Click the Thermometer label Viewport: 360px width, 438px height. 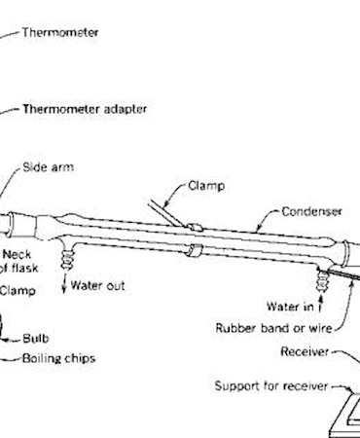(60, 33)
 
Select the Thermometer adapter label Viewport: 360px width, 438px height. (85, 109)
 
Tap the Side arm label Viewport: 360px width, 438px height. (48, 167)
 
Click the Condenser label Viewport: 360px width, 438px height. (311, 211)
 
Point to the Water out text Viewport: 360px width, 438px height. (97, 285)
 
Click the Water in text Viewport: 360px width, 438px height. (290, 307)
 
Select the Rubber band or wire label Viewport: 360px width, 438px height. (273, 328)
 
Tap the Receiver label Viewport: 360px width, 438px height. (305, 351)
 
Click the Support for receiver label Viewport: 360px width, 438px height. (271, 386)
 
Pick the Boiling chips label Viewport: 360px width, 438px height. (58, 358)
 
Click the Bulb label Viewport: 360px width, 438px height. (36, 339)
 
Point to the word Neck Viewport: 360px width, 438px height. (17, 254)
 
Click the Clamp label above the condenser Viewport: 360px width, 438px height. (206, 186)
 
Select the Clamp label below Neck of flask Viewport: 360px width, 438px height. (18, 290)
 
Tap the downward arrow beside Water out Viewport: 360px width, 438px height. (64, 283)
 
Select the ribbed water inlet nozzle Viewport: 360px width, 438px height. (323, 280)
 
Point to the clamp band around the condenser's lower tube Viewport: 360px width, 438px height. (194, 250)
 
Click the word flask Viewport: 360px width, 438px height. (22, 268)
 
